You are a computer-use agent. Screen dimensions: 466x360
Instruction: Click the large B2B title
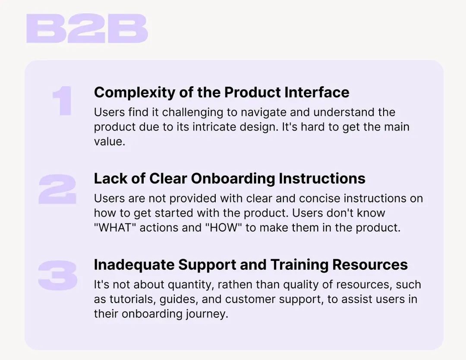(x=87, y=28)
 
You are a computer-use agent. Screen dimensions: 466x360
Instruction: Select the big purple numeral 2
(x=57, y=189)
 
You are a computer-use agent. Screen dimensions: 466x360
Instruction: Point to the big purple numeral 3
(x=58, y=275)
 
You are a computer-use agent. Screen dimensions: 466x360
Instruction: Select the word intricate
(x=214, y=127)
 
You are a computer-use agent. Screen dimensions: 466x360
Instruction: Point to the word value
(x=109, y=142)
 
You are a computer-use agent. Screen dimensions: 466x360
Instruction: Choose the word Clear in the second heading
(x=168, y=178)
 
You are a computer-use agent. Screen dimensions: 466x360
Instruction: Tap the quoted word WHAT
(x=113, y=228)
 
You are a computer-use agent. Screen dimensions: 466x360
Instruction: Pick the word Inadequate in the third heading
(x=134, y=265)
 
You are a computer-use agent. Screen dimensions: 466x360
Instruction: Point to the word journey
(x=207, y=314)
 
